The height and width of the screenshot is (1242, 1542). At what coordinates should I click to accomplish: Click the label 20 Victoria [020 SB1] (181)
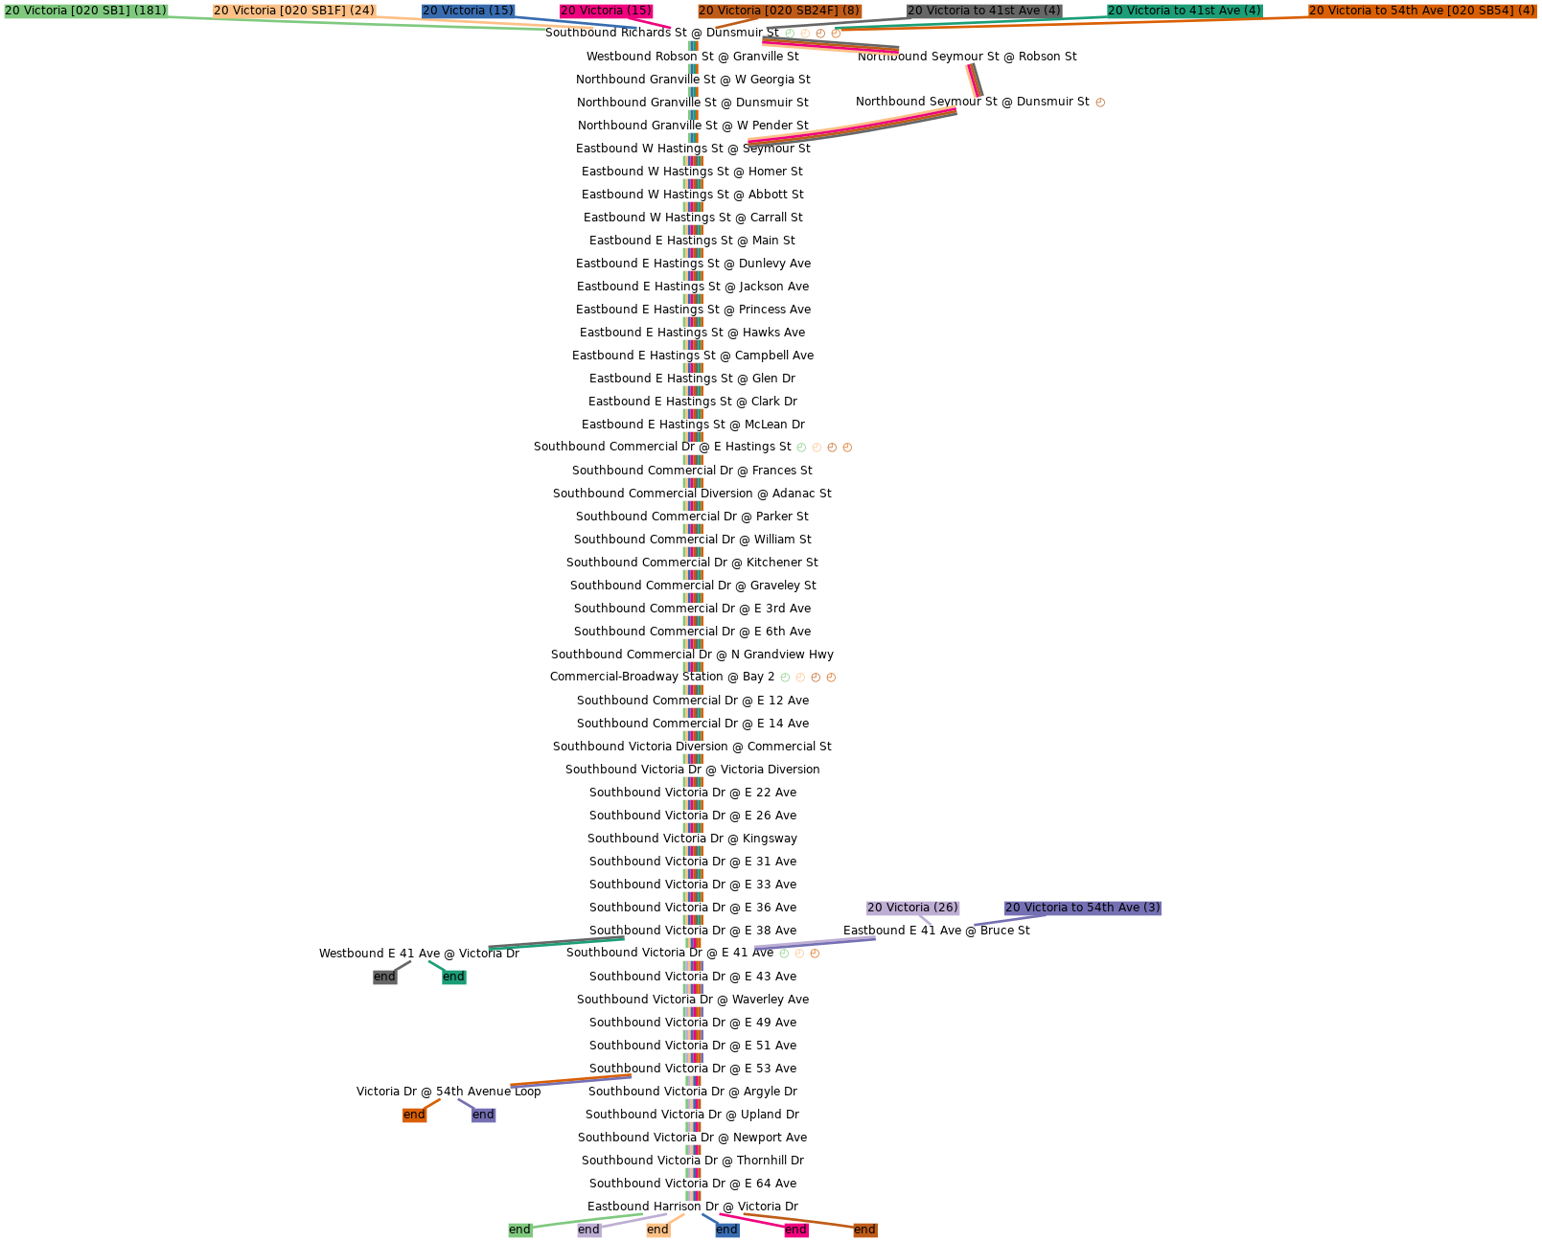point(86,11)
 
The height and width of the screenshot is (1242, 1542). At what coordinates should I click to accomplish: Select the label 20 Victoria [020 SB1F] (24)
point(294,11)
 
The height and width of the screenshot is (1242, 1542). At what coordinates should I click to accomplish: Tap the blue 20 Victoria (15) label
point(469,11)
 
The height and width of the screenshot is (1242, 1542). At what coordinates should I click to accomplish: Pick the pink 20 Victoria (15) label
point(607,11)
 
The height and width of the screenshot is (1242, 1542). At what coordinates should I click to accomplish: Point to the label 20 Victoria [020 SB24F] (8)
point(779,11)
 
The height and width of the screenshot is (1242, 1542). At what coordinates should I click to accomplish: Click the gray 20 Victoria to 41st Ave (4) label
point(984,11)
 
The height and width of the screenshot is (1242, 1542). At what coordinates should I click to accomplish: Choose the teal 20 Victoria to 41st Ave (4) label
point(1185,11)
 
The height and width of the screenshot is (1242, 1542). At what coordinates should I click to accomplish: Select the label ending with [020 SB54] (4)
point(1422,11)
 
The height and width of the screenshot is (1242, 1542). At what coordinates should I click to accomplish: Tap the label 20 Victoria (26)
point(912,908)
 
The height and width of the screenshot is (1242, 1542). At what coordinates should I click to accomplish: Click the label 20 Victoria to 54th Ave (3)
point(1083,908)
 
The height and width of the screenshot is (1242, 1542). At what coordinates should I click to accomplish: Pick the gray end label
point(384,977)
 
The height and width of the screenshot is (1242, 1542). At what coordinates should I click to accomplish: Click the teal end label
point(453,977)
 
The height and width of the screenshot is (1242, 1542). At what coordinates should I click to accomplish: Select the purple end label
point(483,1115)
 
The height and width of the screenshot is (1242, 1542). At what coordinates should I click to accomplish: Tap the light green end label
point(519,1230)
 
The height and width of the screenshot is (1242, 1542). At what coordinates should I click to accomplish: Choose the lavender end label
point(588,1230)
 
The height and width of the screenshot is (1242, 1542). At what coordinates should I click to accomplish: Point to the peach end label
point(657,1230)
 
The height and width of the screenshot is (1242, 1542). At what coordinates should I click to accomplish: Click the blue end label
point(726,1230)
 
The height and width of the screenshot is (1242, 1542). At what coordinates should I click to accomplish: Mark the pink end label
point(795,1230)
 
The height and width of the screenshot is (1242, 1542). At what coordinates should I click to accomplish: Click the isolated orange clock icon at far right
point(1100,103)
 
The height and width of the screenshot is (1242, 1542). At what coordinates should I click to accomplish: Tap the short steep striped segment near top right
point(974,80)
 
